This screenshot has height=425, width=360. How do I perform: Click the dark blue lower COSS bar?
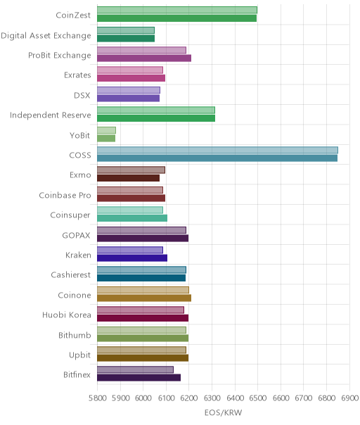click(217, 158)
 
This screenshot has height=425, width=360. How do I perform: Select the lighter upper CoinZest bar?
click(177, 10)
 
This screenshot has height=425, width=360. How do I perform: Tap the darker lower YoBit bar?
click(106, 138)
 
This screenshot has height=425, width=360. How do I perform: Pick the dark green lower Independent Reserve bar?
click(156, 118)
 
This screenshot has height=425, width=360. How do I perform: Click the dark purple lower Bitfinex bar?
click(139, 378)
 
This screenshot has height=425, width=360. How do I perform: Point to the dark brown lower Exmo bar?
click(129, 178)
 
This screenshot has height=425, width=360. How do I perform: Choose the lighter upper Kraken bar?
click(130, 250)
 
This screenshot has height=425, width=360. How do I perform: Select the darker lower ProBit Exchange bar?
click(144, 58)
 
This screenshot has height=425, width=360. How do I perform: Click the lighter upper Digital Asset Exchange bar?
click(126, 30)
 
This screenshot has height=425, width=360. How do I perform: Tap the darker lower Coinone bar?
click(144, 298)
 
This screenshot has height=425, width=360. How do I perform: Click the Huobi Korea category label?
click(67, 315)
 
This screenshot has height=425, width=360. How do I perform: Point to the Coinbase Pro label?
click(65, 195)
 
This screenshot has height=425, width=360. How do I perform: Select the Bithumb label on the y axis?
click(75, 335)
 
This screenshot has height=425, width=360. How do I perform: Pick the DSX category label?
click(82, 96)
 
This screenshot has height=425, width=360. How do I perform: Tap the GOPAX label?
click(76, 235)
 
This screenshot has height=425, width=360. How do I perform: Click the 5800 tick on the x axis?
click(97, 398)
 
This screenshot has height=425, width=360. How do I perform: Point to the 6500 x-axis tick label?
click(257, 398)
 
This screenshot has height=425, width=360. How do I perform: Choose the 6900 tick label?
click(349, 398)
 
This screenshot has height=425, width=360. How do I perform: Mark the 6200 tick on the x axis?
click(189, 398)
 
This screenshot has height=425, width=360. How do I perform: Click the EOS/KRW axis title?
click(223, 413)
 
